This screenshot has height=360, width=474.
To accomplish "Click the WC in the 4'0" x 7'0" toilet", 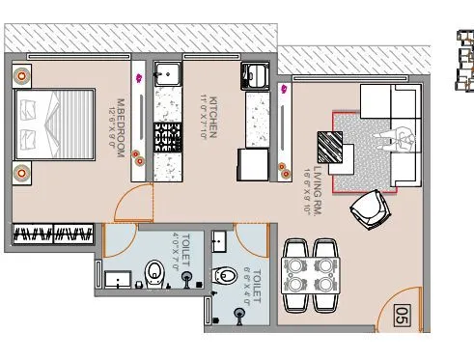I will pyautogui.click(x=154, y=273).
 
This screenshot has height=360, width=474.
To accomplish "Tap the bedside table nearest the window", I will pyautogui.click(x=20, y=75).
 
